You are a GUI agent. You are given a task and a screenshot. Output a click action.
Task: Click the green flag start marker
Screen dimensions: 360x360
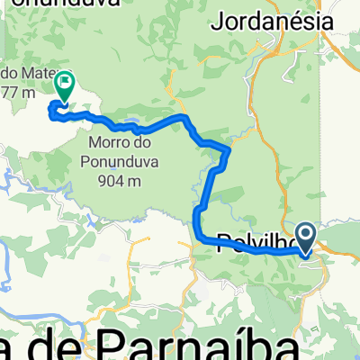(65, 85)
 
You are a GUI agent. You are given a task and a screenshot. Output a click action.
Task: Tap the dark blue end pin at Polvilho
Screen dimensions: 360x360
(305, 238)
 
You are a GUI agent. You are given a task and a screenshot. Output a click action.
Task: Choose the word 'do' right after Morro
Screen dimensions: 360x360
(140, 142)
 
